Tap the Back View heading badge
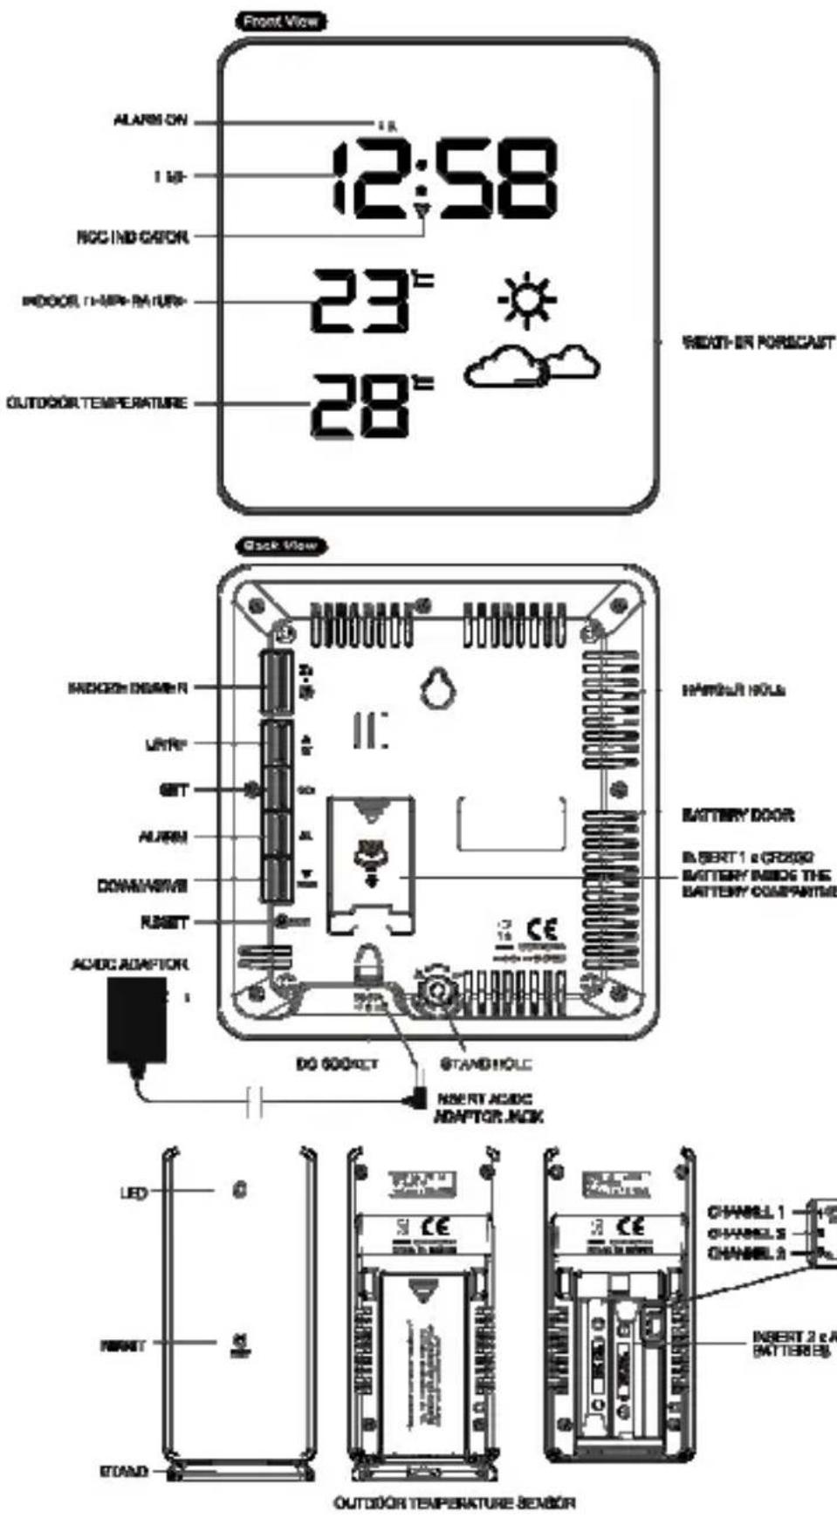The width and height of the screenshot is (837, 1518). (x=281, y=546)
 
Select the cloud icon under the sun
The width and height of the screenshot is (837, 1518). (x=531, y=365)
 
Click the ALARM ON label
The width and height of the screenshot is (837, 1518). (x=150, y=121)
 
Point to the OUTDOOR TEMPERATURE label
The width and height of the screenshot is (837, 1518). (x=97, y=403)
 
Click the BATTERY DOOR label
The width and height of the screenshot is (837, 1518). (x=738, y=815)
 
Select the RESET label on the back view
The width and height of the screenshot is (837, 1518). (x=164, y=922)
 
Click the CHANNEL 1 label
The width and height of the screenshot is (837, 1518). (x=746, y=1212)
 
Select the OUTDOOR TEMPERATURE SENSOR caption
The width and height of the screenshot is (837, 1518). (x=455, y=1502)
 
